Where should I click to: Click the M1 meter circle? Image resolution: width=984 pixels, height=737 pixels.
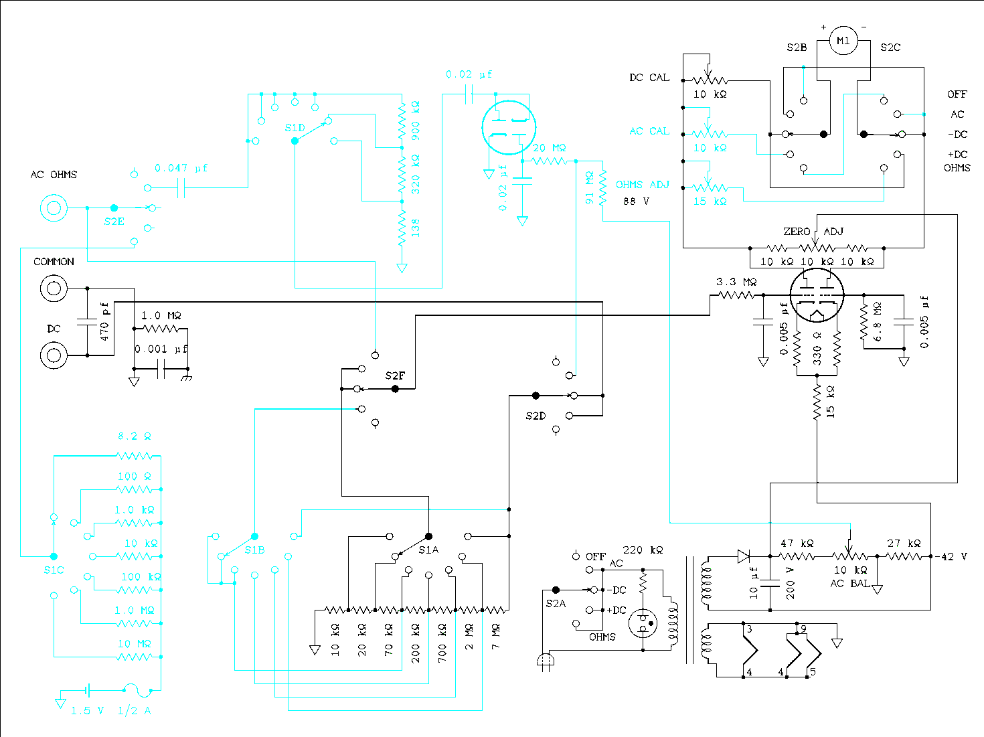coord(843,42)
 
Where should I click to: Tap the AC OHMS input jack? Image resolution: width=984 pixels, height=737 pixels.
coord(54,208)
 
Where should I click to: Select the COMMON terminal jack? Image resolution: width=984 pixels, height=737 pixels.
coord(54,289)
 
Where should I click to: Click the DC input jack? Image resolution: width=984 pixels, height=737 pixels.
coord(54,355)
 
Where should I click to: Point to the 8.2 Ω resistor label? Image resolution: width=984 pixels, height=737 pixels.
coord(135,436)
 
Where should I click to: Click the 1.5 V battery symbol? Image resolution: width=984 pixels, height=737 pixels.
coord(88,689)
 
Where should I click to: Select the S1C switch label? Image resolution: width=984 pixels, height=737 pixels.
coord(54,570)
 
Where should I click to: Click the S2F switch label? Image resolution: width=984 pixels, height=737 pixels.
coord(395,376)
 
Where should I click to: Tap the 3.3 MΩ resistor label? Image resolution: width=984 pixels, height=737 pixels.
coord(736,282)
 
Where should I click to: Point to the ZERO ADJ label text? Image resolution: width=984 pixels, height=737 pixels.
coord(813,232)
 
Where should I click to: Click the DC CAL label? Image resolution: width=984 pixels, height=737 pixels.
coord(649,78)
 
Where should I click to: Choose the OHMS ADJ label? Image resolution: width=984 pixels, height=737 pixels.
coord(643,185)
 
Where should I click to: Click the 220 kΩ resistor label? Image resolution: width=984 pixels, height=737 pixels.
coord(643,550)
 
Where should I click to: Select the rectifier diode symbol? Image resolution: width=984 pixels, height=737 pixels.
coord(744,556)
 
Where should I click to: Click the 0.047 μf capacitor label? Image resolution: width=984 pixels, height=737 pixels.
coord(181,169)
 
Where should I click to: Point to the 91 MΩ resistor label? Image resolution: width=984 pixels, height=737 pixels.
coord(590,188)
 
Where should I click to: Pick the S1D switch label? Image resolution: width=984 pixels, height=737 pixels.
coord(295,128)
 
